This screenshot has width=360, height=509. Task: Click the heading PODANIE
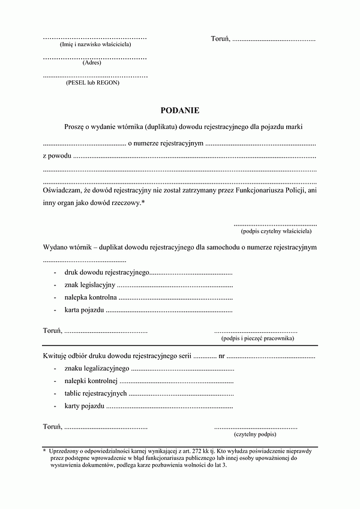179,110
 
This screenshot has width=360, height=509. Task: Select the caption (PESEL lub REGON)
92,83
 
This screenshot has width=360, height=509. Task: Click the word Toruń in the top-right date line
220,39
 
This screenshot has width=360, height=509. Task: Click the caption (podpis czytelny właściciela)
276,231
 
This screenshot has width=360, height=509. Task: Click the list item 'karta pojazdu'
85,310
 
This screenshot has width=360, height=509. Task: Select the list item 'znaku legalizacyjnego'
97,368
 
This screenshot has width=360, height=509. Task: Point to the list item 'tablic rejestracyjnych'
95,393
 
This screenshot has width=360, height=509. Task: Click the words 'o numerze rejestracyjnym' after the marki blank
166,144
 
